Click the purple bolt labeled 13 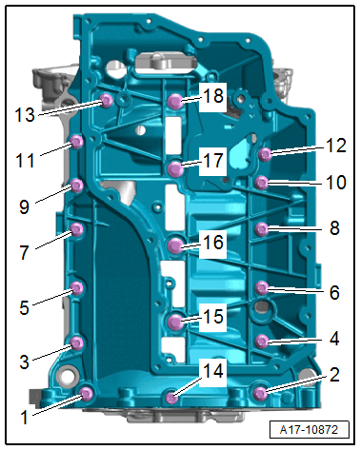pos(107,101)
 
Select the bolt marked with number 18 pos(175,102)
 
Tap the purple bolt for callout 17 pos(175,168)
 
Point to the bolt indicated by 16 pos(175,245)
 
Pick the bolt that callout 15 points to pos(175,322)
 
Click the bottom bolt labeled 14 pos(172,398)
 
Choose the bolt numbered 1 pos(87,394)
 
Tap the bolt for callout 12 pos(265,155)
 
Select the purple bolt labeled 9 pos(76,186)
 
